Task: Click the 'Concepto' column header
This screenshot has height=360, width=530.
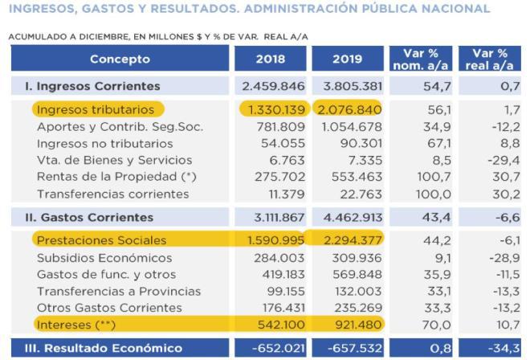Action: coord(120,59)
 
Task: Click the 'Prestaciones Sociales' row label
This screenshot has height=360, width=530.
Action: coord(100,239)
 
